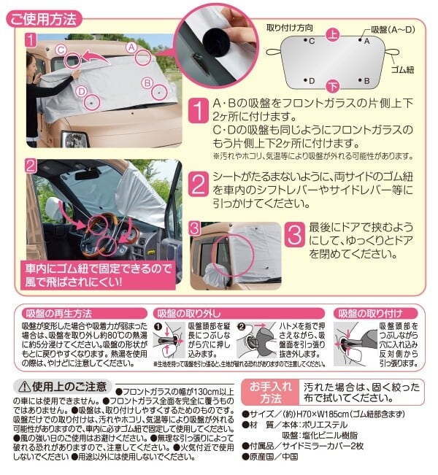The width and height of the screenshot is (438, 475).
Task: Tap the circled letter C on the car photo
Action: tap(61, 50)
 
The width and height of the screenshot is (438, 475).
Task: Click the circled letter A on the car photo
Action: tap(132, 47)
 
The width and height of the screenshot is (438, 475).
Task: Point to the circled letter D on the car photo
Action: tap(81, 91)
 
